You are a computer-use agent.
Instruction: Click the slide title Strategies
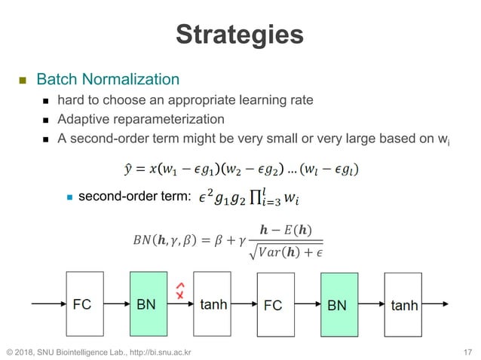pos(240,34)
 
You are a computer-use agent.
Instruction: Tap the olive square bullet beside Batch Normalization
pos(23,80)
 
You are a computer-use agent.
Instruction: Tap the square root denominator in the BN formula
pos(290,251)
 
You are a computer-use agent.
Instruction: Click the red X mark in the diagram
pos(180,294)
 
